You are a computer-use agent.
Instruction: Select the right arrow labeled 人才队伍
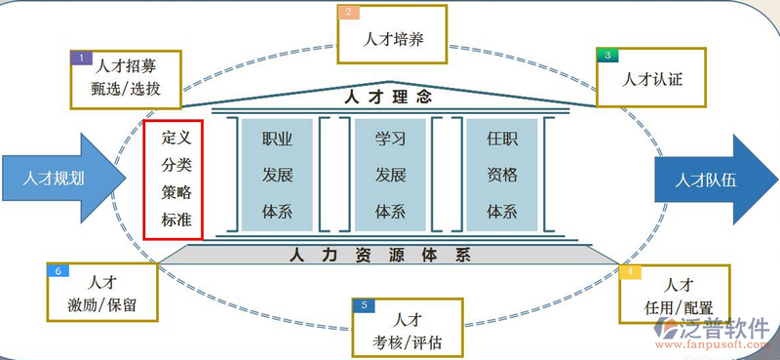pos(712,180)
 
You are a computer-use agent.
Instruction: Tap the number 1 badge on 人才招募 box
pos(82,58)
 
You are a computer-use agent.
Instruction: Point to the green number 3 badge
pos(607,56)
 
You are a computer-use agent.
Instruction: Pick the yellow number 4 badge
pos(631,271)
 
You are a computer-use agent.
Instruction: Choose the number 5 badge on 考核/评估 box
pos(363,305)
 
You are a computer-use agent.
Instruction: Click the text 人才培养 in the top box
pos(392,41)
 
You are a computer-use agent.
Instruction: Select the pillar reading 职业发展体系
pos(278,175)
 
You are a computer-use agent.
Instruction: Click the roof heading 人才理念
pos(388,97)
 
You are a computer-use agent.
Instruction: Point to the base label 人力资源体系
pos(380,256)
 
